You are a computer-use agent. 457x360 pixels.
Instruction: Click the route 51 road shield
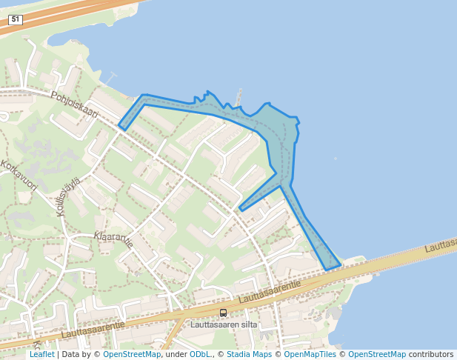click(x=15, y=20)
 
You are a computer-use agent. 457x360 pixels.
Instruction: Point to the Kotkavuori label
click(x=19, y=176)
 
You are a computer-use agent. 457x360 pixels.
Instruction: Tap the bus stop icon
click(x=223, y=313)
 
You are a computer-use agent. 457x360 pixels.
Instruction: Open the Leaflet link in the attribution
click(x=41, y=355)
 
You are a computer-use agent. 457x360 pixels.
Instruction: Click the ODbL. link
click(x=200, y=355)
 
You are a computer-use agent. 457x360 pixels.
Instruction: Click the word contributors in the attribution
click(x=430, y=355)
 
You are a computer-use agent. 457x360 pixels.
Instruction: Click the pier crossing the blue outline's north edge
click(x=238, y=99)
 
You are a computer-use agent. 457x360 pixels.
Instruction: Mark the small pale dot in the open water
click(x=335, y=159)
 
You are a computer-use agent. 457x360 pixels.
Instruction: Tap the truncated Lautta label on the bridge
click(x=441, y=245)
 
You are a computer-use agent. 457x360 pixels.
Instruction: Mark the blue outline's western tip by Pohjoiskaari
click(x=119, y=125)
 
